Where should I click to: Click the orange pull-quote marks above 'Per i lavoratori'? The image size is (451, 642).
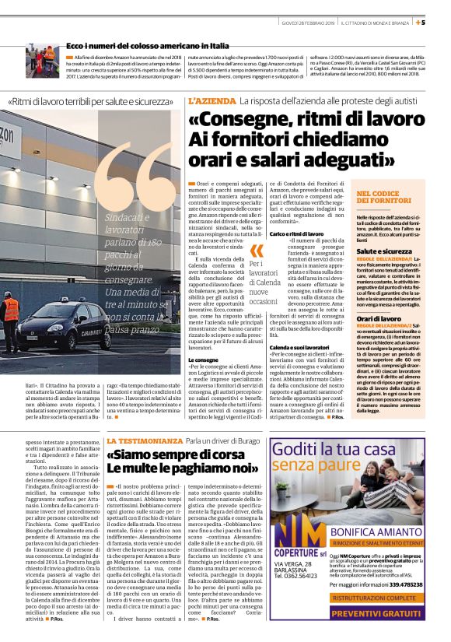click(x=257, y=251)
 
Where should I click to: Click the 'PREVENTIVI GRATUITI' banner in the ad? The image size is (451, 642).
click(x=376, y=615)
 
